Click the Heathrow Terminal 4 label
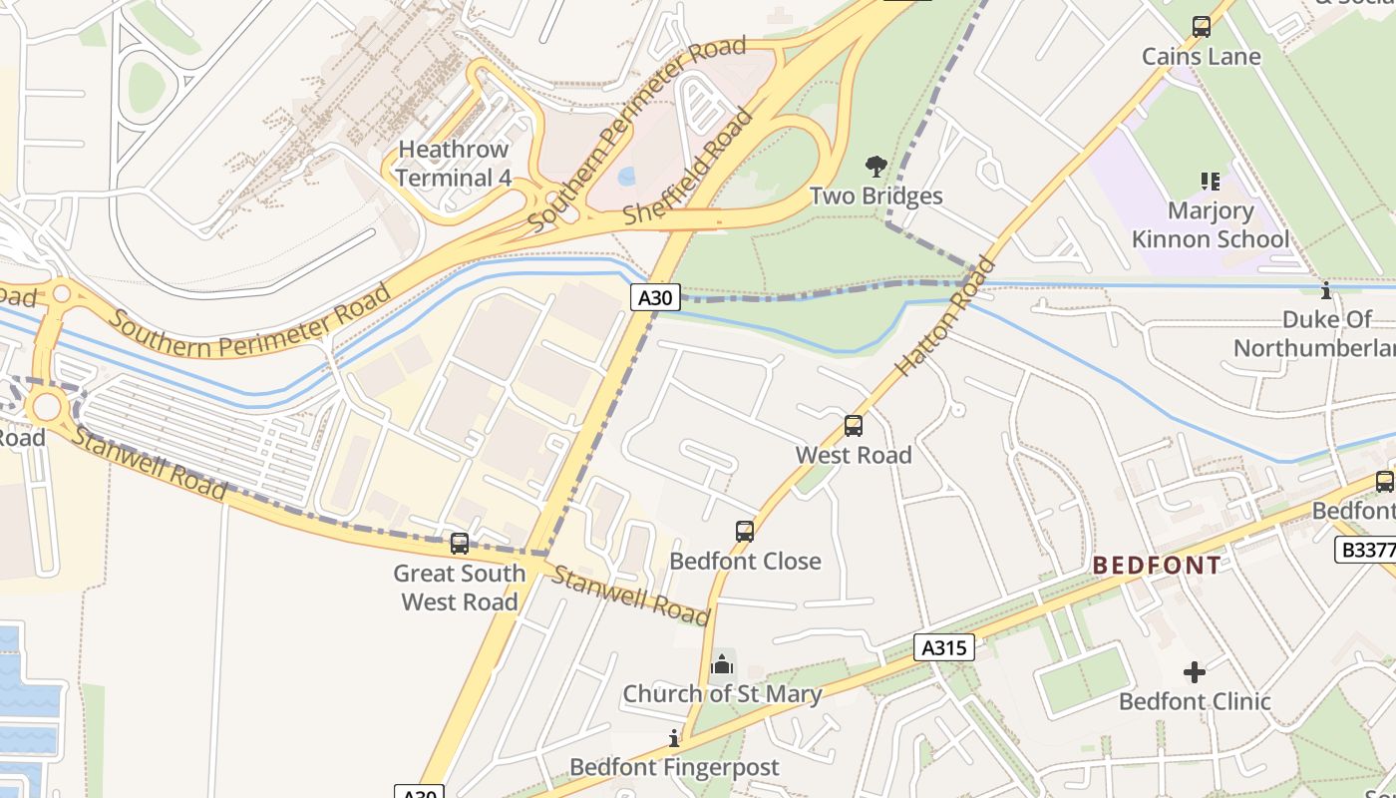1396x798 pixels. (x=453, y=164)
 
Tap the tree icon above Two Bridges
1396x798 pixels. (x=875, y=166)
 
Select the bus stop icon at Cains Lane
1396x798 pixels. (x=1202, y=27)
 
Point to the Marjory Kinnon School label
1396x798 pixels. (x=1211, y=225)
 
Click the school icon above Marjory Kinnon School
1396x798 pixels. (x=1211, y=182)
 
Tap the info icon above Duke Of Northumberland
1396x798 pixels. (x=1325, y=291)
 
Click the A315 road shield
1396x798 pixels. (x=943, y=648)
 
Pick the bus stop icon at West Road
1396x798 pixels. (x=854, y=426)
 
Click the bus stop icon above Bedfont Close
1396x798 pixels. (x=745, y=532)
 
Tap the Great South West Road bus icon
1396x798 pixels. (x=460, y=544)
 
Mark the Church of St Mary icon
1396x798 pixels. (x=722, y=664)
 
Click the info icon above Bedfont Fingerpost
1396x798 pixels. (x=674, y=738)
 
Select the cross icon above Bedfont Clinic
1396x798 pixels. (x=1194, y=672)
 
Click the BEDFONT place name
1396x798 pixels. (x=1157, y=566)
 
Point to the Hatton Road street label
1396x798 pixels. (x=945, y=316)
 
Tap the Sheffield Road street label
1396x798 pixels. (x=688, y=168)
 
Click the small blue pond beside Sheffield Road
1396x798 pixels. (x=626, y=177)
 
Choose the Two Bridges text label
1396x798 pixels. (x=875, y=196)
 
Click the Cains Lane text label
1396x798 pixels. (x=1202, y=56)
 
